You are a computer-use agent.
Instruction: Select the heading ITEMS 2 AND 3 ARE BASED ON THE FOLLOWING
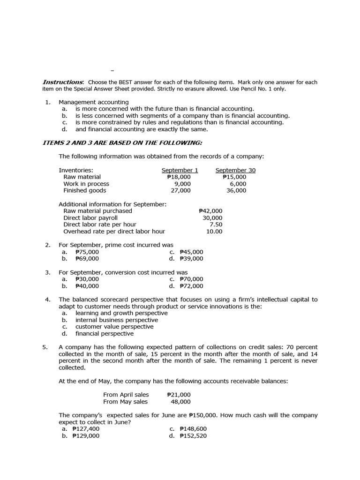coord(122,142)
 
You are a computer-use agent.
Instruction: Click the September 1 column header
coord(180,170)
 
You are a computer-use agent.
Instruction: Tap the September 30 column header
coord(235,170)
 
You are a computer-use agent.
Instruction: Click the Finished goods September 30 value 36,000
coord(236,190)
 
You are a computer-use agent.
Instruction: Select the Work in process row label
coord(86,184)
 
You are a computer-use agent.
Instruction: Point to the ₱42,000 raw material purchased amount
coord(210,211)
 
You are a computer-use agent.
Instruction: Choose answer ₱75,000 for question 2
coord(87,252)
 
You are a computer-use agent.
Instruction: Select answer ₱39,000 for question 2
coord(191,258)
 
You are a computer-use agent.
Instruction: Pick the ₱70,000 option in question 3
coord(191,279)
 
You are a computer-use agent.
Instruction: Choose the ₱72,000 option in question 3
coord(191,285)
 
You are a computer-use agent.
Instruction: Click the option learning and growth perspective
coord(114,313)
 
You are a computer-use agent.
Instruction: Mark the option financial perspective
coord(104,334)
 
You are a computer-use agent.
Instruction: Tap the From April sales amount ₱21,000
coord(179,395)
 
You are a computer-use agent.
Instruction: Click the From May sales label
coord(125,401)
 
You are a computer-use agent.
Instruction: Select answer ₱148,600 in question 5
coord(193,428)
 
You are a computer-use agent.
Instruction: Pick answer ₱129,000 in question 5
coord(86,435)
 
